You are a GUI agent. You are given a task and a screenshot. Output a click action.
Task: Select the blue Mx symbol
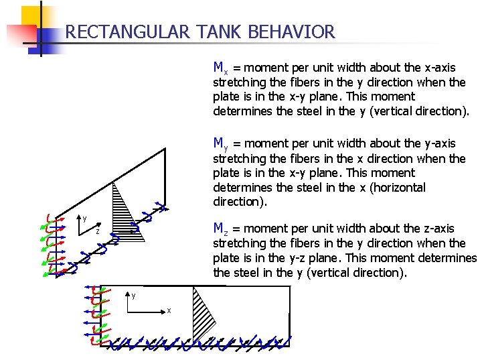pyautogui.click(x=220, y=68)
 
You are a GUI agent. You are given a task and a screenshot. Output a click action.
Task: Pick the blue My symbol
pyautogui.click(x=220, y=143)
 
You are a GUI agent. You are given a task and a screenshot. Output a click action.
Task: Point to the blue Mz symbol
pyautogui.click(x=220, y=229)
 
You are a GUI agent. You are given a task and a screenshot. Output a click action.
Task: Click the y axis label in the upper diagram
pyautogui.click(x=84, y=218)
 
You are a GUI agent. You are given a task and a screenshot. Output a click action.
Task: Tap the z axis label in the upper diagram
pyautogui.click(x=97, y=231)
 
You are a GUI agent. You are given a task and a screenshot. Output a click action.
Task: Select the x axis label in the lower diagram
pyautogui.click(x=169, y=310)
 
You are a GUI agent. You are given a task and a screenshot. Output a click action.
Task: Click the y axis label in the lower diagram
pyautogui.click(x=133, y=295)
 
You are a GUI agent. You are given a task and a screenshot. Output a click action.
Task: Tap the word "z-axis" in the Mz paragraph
pyautogui.click(x=437, y=229)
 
